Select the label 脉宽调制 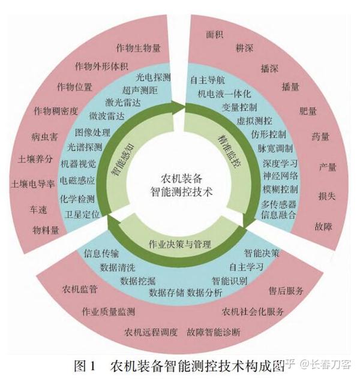tap(275, 148)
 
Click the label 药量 tap(320, 136)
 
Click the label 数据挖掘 tap(137, 280)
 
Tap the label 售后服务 tap(286, 290)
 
